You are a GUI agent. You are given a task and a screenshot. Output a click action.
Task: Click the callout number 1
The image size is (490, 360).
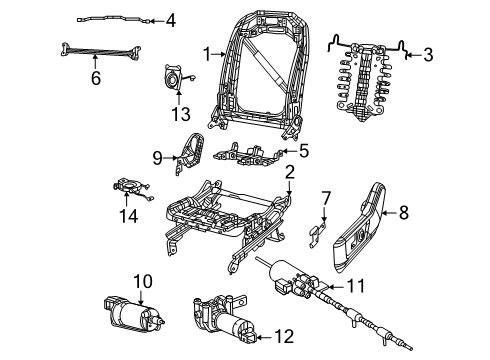click(206, 55)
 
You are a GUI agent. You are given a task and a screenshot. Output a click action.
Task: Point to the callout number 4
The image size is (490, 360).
click(169, 20)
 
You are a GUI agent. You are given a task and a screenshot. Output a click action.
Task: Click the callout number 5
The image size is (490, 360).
click(303, 152)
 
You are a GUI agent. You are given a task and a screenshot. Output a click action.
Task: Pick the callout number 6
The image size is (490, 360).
click(96, 76)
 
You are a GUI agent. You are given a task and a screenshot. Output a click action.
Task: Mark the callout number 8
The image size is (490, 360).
click(404, 211)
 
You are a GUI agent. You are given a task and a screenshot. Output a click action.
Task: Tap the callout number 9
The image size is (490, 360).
click(157, 156)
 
